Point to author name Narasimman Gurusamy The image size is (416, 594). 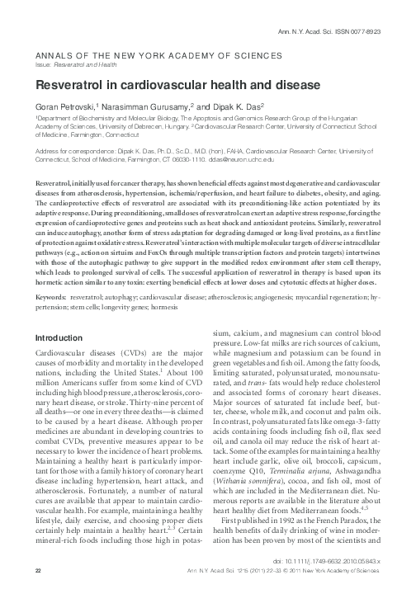pyautogui.click(x=146, y=107)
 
